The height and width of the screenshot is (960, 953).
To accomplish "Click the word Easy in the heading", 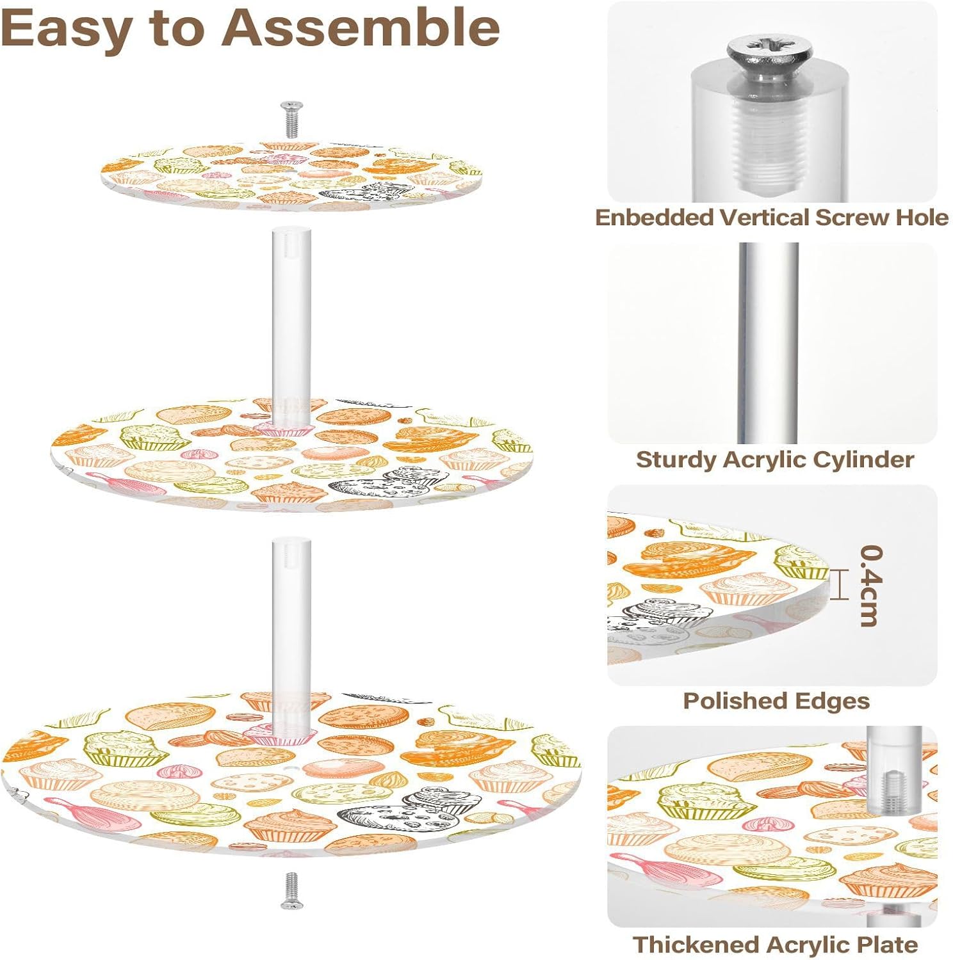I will tap(67, 29).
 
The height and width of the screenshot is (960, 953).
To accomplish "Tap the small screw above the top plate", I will tap(291, 118).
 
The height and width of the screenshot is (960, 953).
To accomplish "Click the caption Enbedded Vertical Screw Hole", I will tap(772, 218).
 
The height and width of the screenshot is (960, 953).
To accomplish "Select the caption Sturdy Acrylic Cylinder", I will tap(774, 460).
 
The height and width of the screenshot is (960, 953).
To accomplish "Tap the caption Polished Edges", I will tap(776, 701).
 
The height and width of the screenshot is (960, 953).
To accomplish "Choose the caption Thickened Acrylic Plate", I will tap(775, 945).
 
